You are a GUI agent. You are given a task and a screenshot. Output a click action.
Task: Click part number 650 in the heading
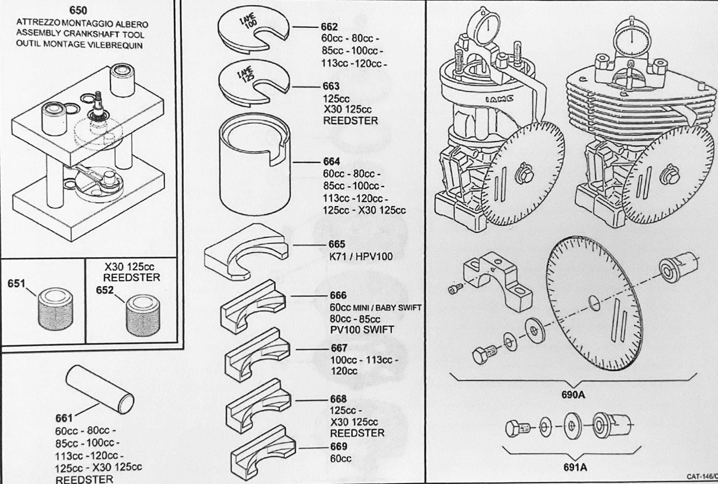point(78,10)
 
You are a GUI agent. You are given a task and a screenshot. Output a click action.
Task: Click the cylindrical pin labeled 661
point(100,389)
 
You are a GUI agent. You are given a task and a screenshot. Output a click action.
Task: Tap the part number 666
point(338,295)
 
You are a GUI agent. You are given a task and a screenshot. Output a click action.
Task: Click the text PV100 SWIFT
point(362,330)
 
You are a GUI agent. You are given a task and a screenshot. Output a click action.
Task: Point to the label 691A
point(575,468)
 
